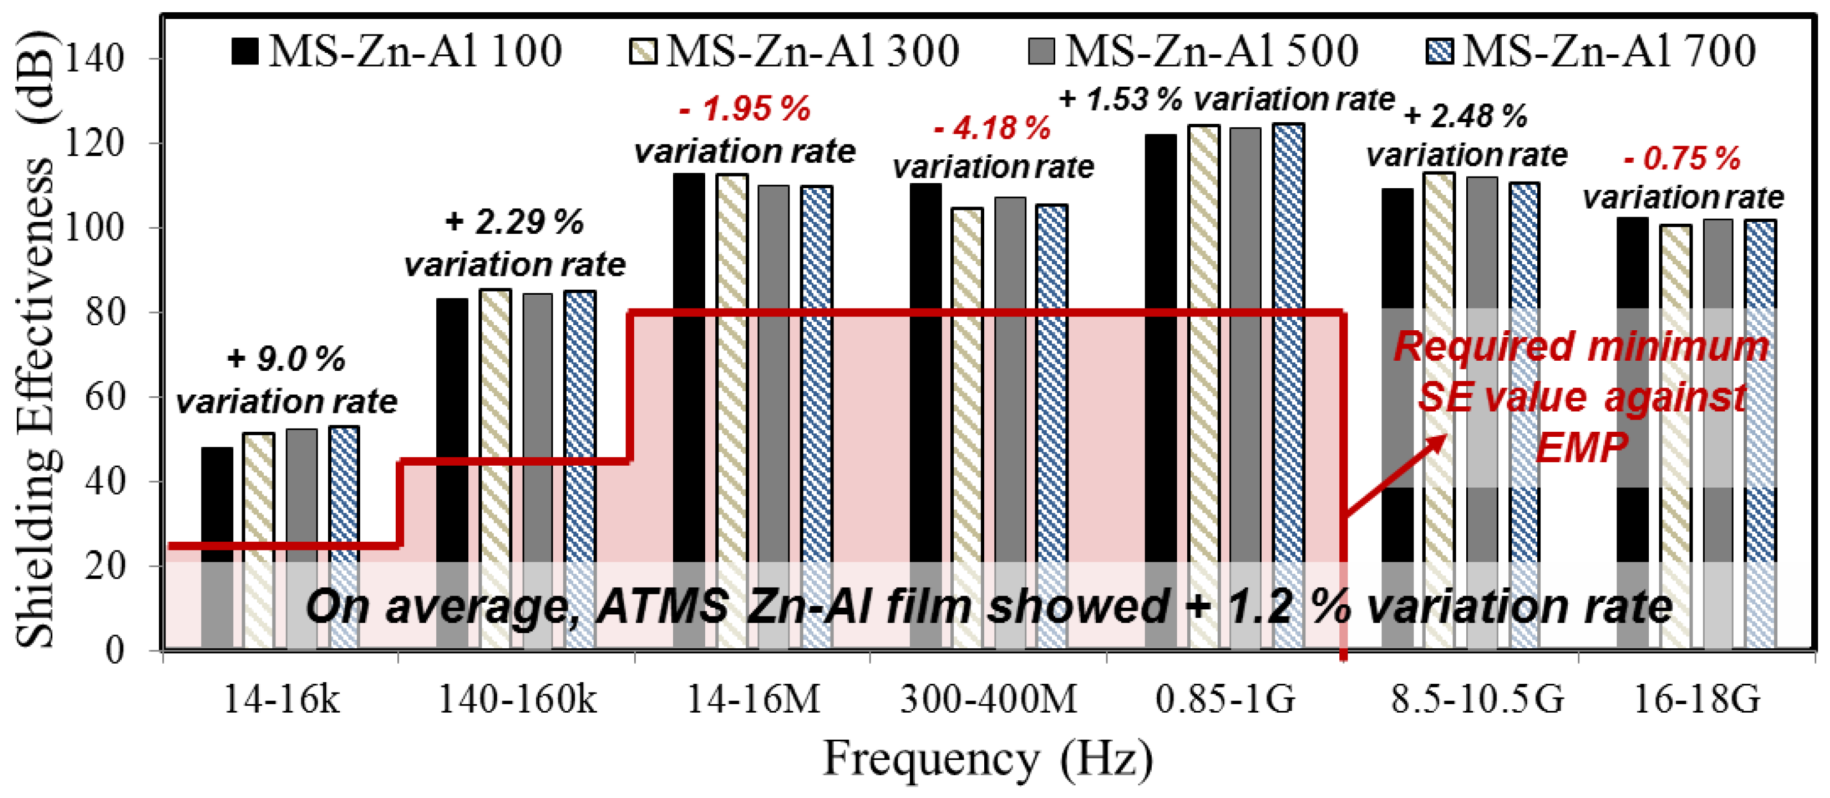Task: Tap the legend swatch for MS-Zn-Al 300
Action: [643, 51]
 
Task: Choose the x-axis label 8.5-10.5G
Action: [1477, 699]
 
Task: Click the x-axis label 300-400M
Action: [988, 699]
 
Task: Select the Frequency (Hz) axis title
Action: [987, 759]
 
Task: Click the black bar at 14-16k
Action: [217, 547]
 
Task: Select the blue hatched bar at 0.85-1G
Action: [1288, 384]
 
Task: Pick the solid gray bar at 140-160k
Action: [537, 469]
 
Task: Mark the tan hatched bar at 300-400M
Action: [967, 426]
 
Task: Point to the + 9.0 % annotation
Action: [286, 359]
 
